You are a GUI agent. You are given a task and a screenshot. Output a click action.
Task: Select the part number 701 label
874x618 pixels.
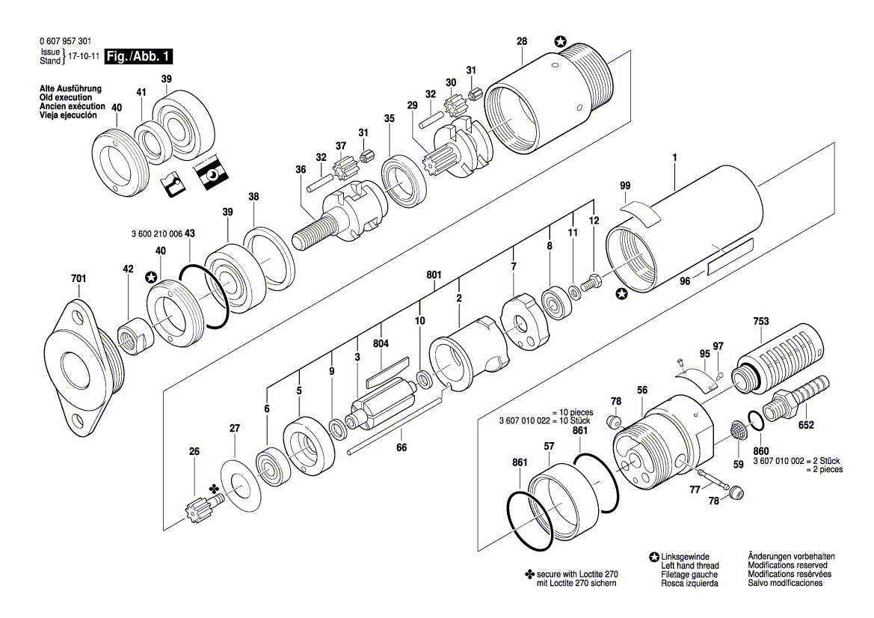pos(79,278)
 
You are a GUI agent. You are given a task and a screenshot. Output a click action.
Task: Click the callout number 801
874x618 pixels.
pos(434,275)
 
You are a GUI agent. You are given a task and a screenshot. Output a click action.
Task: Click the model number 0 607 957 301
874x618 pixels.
pos(68,43)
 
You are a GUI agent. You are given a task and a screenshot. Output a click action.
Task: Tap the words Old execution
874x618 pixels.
pos(65,98)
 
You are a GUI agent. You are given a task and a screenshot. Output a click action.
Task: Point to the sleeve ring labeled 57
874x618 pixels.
pos(565,495)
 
